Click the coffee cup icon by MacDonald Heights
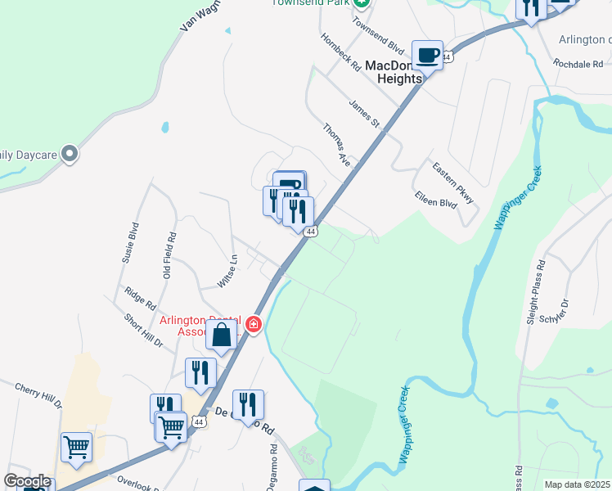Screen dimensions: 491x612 [x=427, y=56]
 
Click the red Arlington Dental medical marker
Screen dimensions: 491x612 [x=254, y=325]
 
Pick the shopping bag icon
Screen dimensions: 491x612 [x=222, y=334]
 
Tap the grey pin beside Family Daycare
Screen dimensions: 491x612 [x=70, y=153]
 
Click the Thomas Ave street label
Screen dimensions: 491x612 [x=336, y=146]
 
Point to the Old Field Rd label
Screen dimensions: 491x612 [x=169, y=255]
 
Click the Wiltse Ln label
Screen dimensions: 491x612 [x=227, y=271]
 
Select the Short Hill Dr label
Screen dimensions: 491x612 [x=144, y=330]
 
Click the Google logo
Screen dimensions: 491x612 [x=27, y=481]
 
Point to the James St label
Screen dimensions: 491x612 [x=365, y=114]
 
